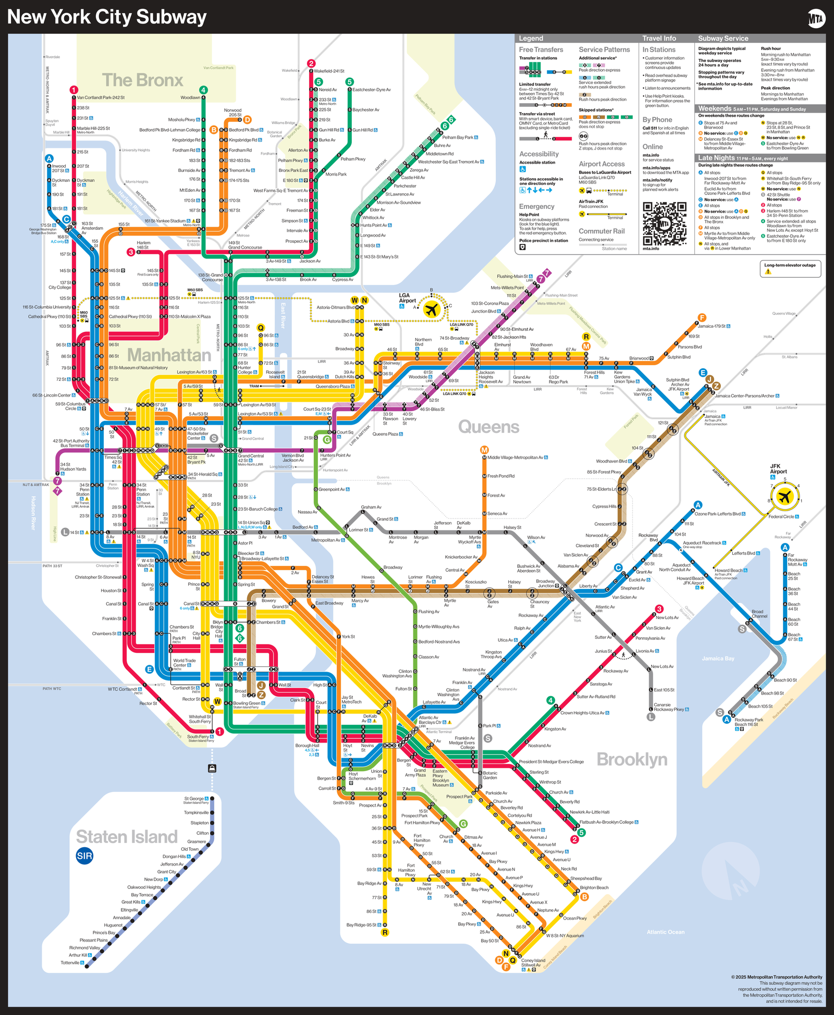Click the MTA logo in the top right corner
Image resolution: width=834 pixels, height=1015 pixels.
816,19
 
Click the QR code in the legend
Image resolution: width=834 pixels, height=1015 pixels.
664,224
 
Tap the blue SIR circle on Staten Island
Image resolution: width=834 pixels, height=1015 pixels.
84,856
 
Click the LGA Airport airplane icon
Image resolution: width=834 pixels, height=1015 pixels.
431,310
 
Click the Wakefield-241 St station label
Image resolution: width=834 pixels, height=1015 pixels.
329,71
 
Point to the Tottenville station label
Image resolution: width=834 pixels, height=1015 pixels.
70,962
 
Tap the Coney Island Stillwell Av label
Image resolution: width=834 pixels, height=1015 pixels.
533,962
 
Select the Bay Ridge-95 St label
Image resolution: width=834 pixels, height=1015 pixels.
362,925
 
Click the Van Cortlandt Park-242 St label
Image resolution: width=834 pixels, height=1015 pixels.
101,97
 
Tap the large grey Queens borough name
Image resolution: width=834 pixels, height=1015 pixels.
488,427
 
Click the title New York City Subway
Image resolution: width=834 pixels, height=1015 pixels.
107,17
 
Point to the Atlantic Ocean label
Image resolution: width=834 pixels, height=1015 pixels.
666,932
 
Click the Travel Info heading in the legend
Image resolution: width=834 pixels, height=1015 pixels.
659,38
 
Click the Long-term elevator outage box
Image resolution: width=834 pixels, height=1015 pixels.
790,268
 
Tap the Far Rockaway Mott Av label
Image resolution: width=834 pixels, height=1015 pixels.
798,560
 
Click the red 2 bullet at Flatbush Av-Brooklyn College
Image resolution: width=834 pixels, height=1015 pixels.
574,839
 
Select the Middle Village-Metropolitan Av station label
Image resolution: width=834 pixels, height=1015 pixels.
515,457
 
